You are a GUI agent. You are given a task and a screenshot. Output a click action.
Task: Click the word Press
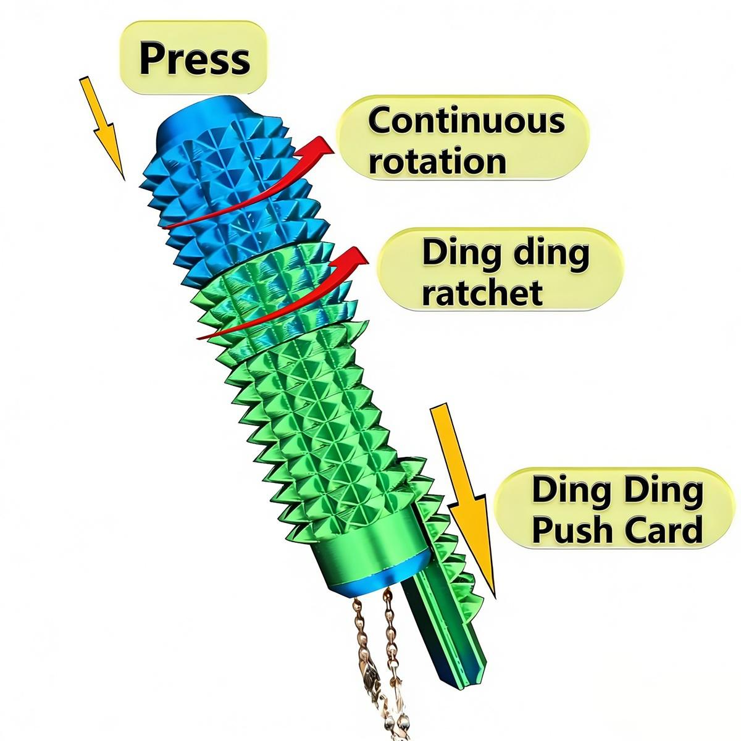pos(195,59)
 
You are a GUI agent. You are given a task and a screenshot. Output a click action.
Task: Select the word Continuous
pos(466,120)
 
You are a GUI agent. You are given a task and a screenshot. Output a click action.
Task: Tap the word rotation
pos(437,161)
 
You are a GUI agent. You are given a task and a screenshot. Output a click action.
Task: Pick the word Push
pos(571,529)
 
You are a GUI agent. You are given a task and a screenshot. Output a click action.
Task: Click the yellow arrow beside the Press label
pos(103,127)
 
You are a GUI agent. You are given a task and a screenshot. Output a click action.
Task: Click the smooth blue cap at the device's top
pos(204,114)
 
